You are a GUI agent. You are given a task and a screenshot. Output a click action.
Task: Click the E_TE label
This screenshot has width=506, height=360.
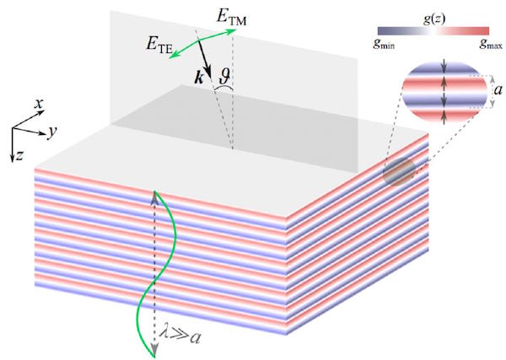pyautogui.click(x=159, y=46)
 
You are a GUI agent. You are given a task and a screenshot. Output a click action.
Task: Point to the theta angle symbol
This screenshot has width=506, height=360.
pyautogui.click(x=226, y=76)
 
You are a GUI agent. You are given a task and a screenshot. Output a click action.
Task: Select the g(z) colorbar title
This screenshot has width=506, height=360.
pyautogui.click(x=434, y=19)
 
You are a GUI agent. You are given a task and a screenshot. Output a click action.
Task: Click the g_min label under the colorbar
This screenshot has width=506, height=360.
pyautogui.click(x=384, y=44)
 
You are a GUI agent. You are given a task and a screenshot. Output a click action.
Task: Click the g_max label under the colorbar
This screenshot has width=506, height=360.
pyautogui.click(x=491, y=44)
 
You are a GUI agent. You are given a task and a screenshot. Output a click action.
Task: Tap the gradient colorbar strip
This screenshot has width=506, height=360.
pyautogui.click(x=433, y=30)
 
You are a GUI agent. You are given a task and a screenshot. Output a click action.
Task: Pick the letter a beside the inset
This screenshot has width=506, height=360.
pyautogui.click(x=498, y=90)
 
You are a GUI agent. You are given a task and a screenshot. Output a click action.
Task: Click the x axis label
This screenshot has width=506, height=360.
pyautogui.click(x=39, y=104)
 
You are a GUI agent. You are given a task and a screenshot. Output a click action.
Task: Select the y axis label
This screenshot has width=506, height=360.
pyautogui.click(x=52, y=132)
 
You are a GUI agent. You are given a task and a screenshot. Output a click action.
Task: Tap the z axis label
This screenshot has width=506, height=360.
pyautogui.click(x=19, y=156)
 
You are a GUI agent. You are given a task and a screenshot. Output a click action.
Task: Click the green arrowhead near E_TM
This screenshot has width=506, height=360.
pyautogui.click(x=232, y=31)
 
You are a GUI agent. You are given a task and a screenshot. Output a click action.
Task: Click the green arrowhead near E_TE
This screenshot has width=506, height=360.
pyautogui.click(x=174, y=56)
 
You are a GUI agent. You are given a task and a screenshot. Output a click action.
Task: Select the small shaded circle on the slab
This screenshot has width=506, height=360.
pyautogui.click(x=399, y=172)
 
